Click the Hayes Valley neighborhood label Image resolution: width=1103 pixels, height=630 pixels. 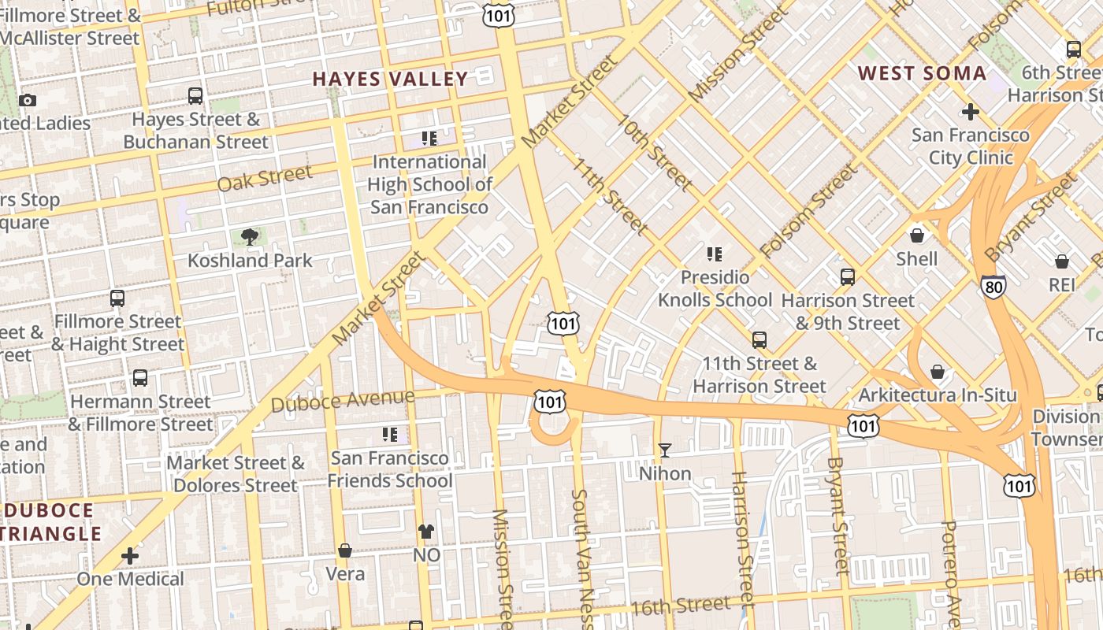click(390, 80)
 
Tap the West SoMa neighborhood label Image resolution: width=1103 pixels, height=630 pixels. click(921, 74)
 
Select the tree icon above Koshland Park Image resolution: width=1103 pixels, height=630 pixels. click(250, 237)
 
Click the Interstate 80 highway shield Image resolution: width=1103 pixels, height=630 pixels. click(993, 287)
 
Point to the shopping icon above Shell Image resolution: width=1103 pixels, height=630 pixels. click(917, 235)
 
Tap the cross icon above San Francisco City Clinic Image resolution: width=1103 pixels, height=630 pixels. click(971, 112)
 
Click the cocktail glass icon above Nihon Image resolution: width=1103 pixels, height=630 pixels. click(665, 450)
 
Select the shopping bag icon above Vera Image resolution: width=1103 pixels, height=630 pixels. click(344, 550)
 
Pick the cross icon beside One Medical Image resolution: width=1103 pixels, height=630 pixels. click(130, 556)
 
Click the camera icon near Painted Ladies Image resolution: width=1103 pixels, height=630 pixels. click(28, 100)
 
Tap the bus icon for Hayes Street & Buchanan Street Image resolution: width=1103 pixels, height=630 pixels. click(195, 96)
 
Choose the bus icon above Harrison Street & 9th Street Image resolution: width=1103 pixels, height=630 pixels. click(848, 277)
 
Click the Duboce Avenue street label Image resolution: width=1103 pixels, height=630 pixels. click(342, 400)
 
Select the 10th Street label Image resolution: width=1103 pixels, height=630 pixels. click(655, 153)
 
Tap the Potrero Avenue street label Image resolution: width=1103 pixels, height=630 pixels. click(952, 571)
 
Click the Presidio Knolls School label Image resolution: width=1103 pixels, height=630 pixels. click(715, 289)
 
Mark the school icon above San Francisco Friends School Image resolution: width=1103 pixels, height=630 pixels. click(389, 435)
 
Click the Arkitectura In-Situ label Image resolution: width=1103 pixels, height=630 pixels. click(938, 395)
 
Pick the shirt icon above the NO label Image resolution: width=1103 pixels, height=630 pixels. click(426, 532)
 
